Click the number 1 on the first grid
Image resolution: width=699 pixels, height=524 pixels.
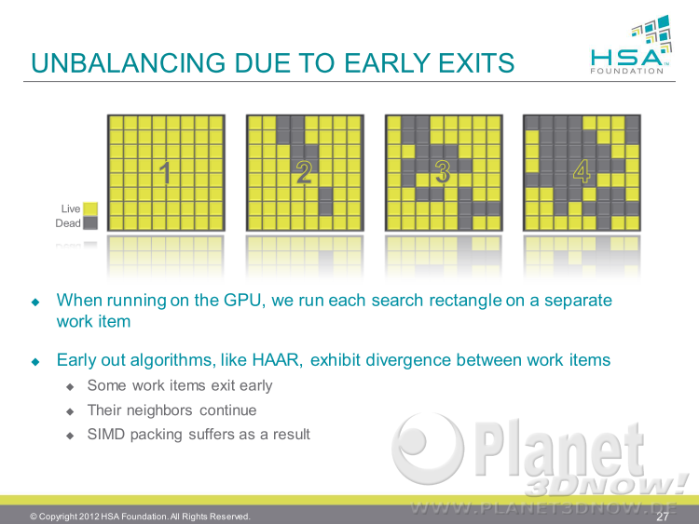tap(165, 173)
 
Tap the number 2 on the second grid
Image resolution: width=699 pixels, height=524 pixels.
tap(304, 173)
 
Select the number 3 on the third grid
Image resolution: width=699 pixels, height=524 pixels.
tap(443, 173)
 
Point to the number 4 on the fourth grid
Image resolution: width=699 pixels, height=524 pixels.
tap(582, 173)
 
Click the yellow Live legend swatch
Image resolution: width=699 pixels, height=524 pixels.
tap(90, 208)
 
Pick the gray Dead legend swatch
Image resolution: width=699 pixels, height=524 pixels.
tap(90, 223)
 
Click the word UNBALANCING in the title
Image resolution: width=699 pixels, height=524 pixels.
tap(129, 62)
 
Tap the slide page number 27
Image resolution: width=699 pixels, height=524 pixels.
tap(663, 517)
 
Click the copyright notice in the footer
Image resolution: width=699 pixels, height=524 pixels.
tap(140, 517)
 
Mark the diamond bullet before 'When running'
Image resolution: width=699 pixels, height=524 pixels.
tap(35, 302)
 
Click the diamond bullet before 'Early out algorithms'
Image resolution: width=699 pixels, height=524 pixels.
tap(35, 361)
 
